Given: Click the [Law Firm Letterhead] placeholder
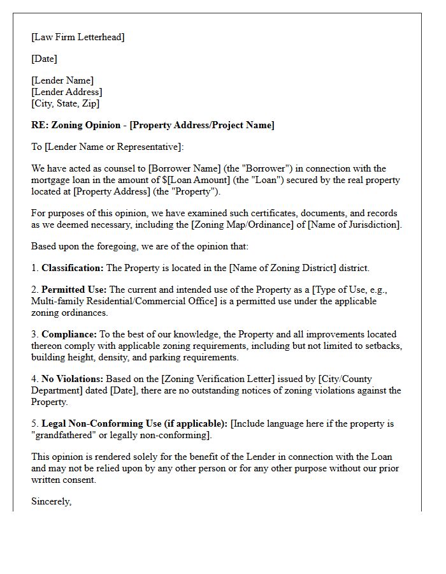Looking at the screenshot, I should (x=78, y=37).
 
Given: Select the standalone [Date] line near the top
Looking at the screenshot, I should (x=44, y=59).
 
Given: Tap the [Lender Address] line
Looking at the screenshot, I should (x=66, y=92).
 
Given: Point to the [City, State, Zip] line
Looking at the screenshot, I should (x=65, y=103).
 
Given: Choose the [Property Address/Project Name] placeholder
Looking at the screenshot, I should (x=202, y=125).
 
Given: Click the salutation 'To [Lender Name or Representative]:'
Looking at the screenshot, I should (x=107, y=147).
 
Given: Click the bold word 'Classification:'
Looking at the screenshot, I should (x=72, y=268).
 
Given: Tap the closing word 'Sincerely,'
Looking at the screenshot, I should (x=51, y=501).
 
